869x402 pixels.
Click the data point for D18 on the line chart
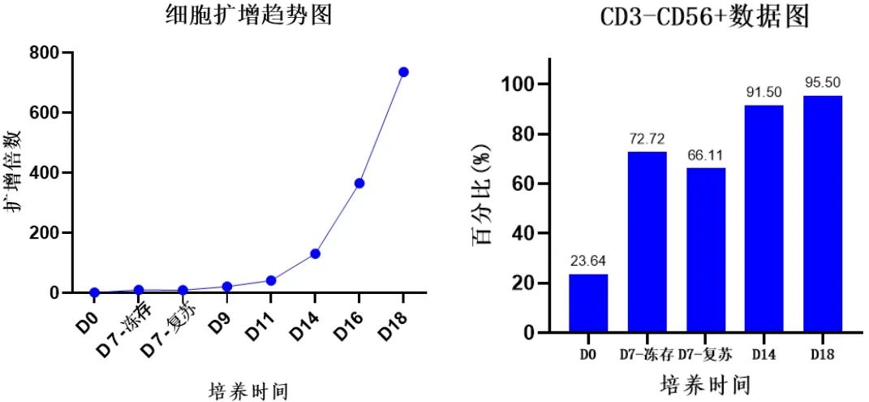pos(403,72)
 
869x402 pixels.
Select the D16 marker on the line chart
pos(359,184)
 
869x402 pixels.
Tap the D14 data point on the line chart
pos(315,253)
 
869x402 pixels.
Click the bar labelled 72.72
pos(647,242)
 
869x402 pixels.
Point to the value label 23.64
pos(588,261)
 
